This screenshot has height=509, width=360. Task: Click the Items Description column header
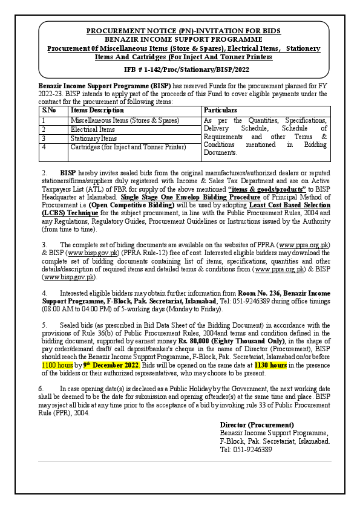coord(97,111)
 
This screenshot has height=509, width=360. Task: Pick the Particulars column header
coord(220,111)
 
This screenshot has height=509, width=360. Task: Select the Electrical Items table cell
coord(93,129)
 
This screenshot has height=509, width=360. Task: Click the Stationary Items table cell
coord(94,138)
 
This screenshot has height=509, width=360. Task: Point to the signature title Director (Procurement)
coord(257,425)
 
